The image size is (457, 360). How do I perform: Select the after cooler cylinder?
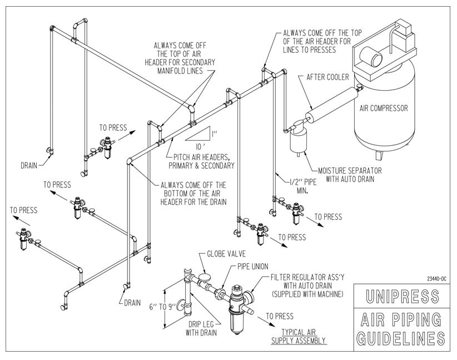[x=332, y=105]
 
